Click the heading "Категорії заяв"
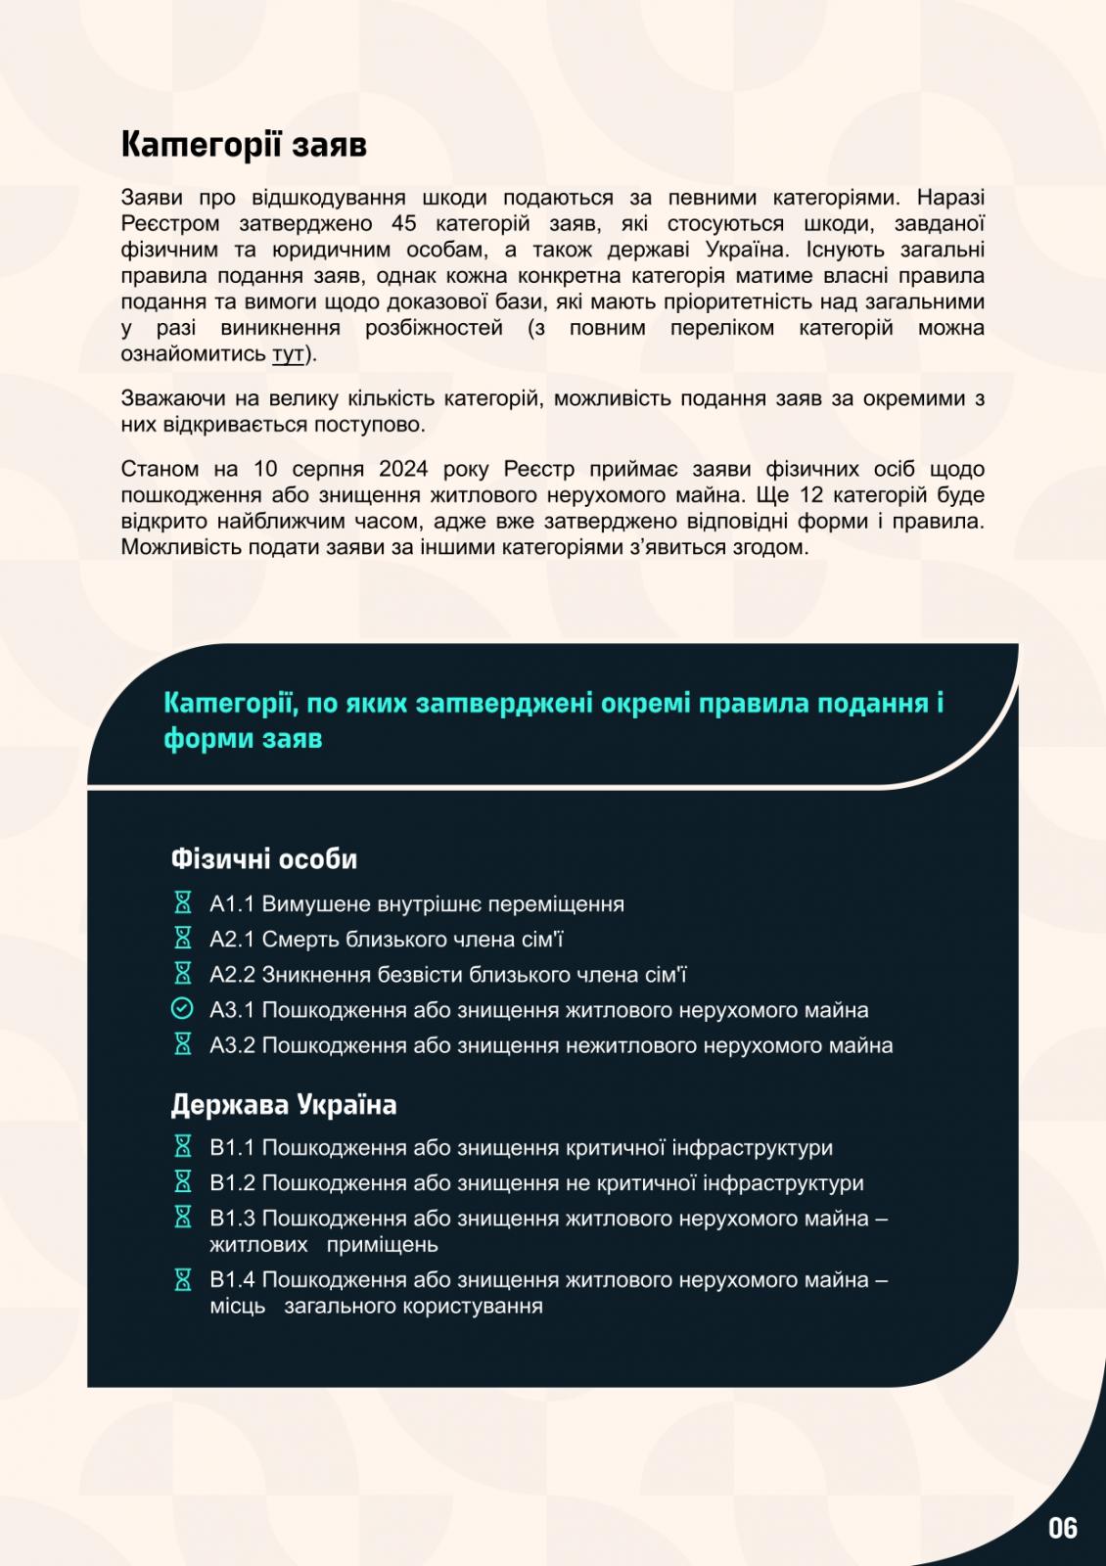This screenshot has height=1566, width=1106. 244,145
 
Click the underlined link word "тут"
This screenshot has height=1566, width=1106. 287,354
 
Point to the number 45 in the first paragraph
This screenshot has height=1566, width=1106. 403,224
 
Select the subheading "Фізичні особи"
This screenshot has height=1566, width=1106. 264,859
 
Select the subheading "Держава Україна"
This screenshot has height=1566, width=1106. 284,1105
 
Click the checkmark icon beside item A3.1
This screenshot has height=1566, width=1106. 182,1009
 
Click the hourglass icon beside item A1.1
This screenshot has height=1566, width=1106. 182,903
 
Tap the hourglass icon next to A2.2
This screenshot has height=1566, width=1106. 182,974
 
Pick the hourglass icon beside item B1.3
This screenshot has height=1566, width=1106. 182,1218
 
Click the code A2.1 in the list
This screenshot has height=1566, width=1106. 232,940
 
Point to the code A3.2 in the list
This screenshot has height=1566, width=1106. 232,1045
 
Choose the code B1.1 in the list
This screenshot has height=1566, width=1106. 232,1148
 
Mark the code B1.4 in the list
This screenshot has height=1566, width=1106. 232,1280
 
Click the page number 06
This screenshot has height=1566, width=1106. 1062,1529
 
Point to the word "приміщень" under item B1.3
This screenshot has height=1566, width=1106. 382,1245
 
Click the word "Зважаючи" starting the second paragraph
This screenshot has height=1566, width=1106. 173,399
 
